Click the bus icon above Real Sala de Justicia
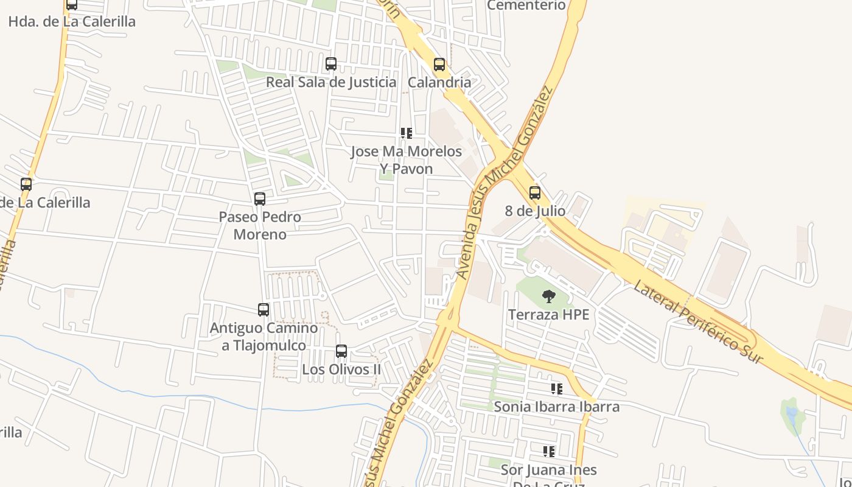click(331, 64)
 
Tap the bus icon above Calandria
click(439, 65)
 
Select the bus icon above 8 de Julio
click(535, 193)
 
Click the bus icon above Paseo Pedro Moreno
click(260, 199)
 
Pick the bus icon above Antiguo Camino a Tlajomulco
click(264, 310)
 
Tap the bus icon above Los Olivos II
click(341, 351)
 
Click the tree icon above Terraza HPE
click(549, 296)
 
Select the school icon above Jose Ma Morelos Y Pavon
click(407, 133)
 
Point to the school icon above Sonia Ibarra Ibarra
click(557, 388)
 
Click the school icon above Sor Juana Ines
click(549, 451)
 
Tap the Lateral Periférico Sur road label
click(698, 322)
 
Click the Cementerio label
click(526, 5)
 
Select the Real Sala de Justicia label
click(331, 82)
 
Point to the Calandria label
click(439, 82)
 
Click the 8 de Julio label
click(535, 211)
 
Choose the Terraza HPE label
click(549, 315)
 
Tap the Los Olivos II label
click(341, 370)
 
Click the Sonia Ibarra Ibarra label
click(557, 407)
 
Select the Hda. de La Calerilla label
click(72, 21)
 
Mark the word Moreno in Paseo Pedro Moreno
click(260, 234)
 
